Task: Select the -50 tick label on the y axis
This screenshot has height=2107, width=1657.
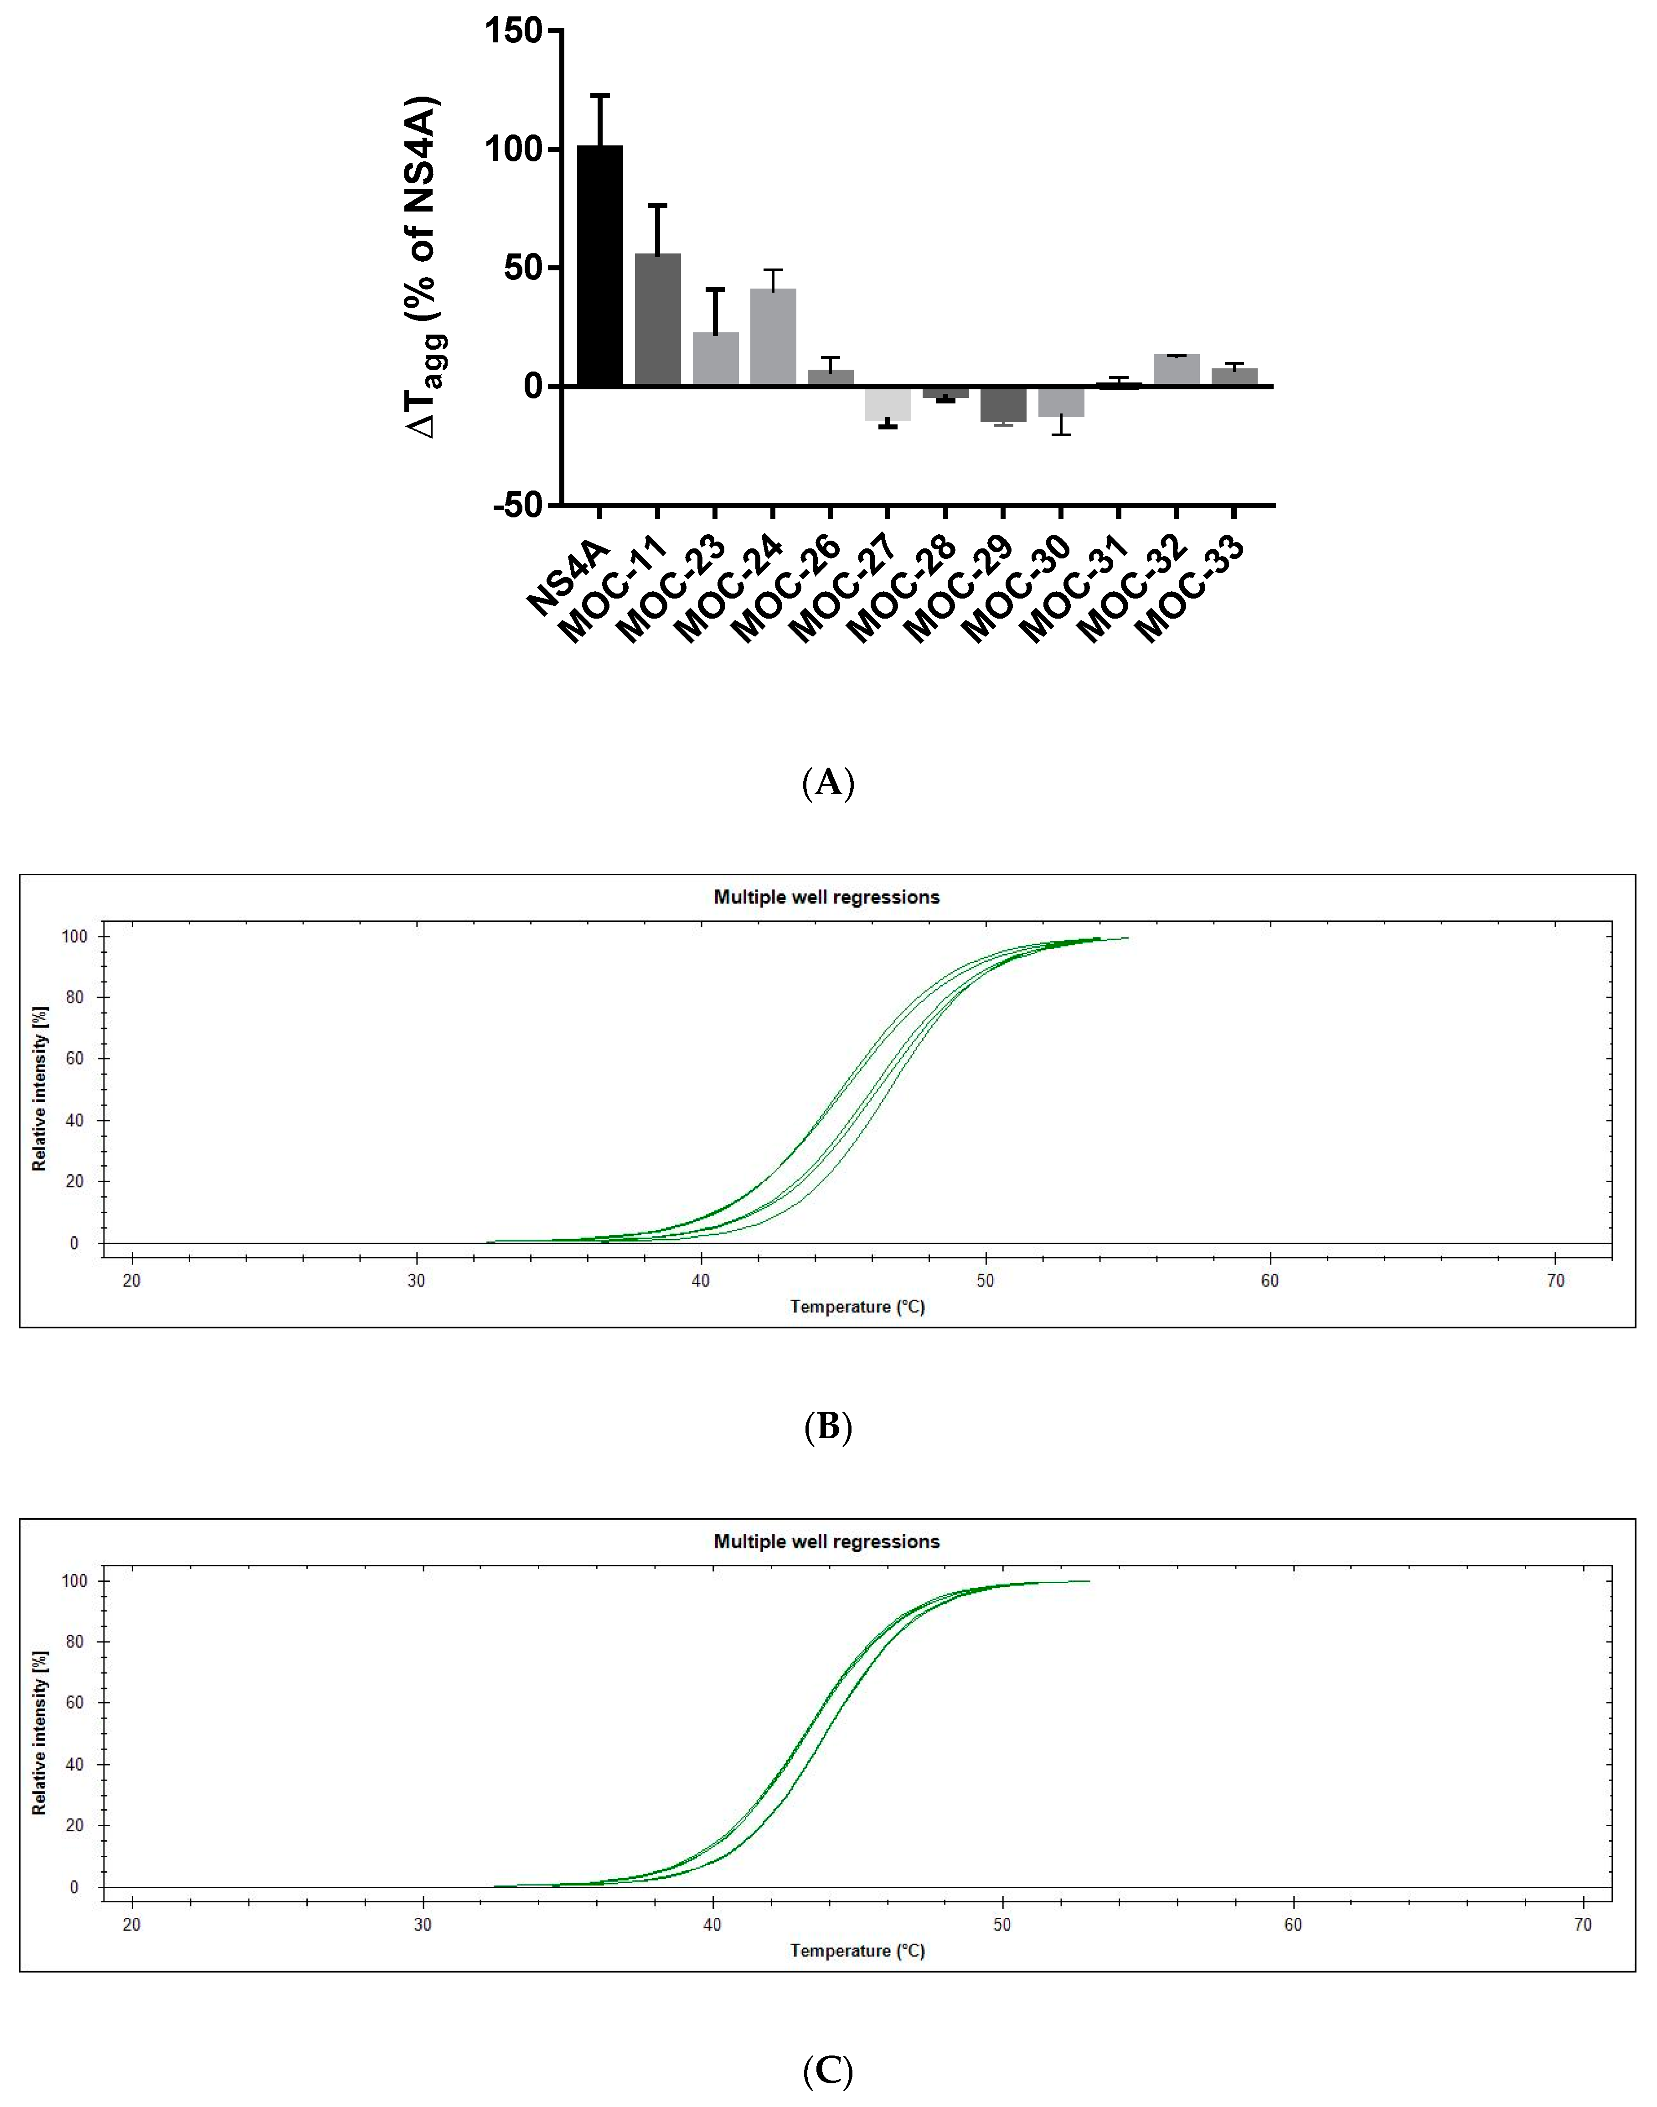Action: tap(517, 506)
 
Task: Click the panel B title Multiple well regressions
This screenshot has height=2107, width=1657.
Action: tap(826, 897)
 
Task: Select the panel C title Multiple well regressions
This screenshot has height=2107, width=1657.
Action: tap(826, 1541)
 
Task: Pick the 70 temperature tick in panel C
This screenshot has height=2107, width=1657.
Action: tap(1582, 1925)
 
